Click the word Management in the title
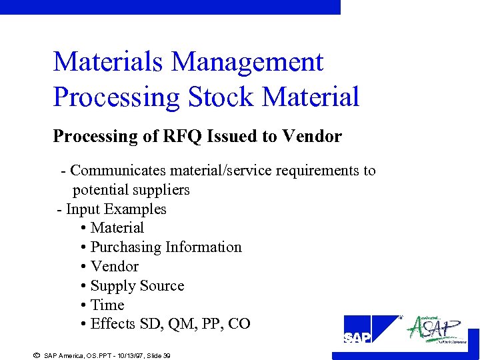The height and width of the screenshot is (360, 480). [247, 63]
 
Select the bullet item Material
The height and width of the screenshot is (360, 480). [117, 228]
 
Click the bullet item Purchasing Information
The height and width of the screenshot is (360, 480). [166, 247]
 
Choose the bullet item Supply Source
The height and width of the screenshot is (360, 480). [137, 286]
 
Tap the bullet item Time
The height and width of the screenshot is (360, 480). [107, 305]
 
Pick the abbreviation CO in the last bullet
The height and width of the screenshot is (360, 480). [239, 325]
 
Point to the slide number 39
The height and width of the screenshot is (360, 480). [167, 356]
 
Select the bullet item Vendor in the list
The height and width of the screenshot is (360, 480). [114, 267]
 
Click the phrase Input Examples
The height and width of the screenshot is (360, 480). [116, 209]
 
